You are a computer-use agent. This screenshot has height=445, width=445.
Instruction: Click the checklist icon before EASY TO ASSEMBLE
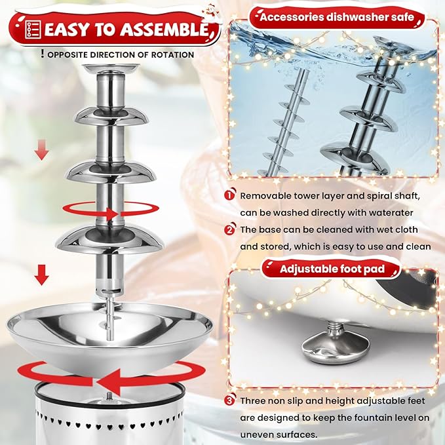click(31, 29)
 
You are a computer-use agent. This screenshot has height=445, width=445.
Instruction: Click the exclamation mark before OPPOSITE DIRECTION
click(42, 54)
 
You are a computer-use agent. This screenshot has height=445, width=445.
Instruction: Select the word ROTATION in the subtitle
click(172, 55)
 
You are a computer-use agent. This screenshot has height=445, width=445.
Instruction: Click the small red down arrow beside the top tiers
click(41, 152)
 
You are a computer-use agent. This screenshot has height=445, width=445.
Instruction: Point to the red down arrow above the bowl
click(41, 275)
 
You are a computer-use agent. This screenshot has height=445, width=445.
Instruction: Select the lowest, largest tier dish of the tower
click(109, 239)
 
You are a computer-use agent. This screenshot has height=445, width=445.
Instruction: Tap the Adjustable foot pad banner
click(332, 269)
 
